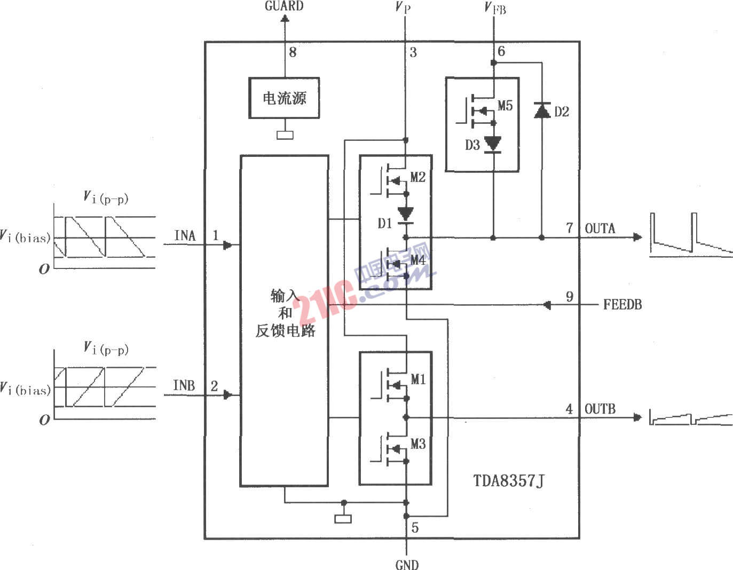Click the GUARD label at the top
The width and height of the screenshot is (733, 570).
point(284,6)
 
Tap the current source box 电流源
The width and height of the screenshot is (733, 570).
point(284,98)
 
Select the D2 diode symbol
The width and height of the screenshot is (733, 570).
point(542,110)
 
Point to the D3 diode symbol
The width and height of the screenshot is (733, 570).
point(492,144)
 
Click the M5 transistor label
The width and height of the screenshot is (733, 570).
point(505,106)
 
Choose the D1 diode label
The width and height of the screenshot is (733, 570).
point(385,223)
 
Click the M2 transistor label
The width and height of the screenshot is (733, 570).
point(418,177)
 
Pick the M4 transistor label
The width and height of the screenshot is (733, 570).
point(418,260)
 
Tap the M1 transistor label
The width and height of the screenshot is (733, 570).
point(418,379)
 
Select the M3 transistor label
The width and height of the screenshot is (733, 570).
point(418,444)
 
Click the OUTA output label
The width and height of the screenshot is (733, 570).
point(600,229)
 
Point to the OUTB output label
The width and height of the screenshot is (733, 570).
point(600,409)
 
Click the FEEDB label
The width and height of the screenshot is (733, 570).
point(622,305)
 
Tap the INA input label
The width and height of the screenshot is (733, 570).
point(185,235)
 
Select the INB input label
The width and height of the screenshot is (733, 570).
point(184,385)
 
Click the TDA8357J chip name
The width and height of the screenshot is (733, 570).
point(509,481)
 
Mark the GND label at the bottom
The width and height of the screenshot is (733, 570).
point(407,564)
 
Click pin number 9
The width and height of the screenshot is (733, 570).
point(570,296)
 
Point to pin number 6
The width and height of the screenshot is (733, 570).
point(501,51)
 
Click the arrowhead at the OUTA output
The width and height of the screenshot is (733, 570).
point(637,236)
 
